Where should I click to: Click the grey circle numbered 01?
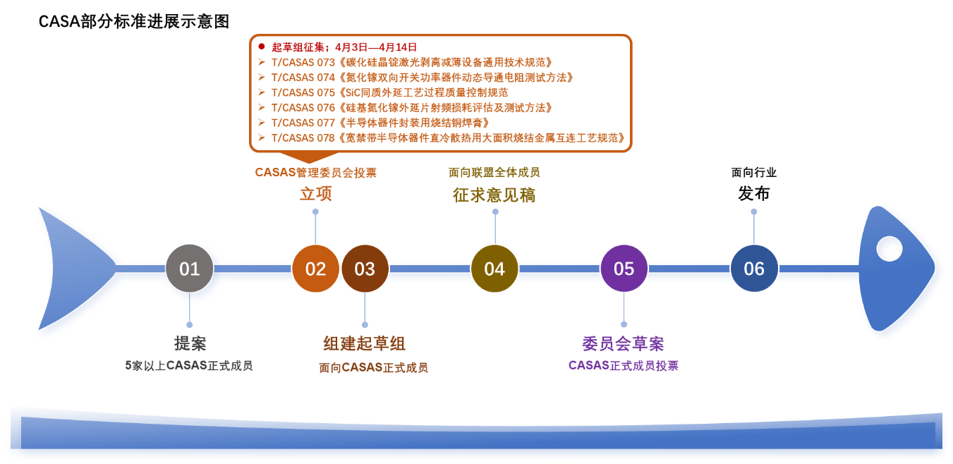point(189,269)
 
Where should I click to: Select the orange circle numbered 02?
point(315,269)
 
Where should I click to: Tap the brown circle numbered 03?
point(365,269)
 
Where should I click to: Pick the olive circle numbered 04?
point(494,269)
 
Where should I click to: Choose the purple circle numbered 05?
point(624,269)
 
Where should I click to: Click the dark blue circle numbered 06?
point(753,269)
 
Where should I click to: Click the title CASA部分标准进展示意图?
point(134,21)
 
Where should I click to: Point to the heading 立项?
point(315,194)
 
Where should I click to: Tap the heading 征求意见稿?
point(494,195)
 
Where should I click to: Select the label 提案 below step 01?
point(190,344)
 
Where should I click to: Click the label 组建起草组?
point(364,344)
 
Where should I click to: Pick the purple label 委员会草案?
point(623,344)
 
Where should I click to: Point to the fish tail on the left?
point(71,269)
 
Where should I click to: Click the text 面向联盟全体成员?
point(494,173)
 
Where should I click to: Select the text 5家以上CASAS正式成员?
point(189,366)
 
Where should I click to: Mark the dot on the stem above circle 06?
point(753,212)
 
